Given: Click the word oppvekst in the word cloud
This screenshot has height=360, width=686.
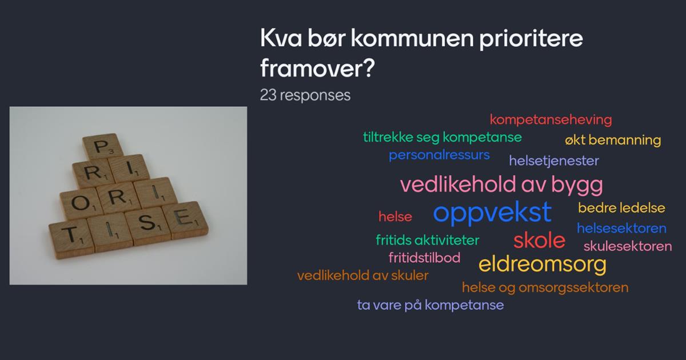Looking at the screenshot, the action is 492,213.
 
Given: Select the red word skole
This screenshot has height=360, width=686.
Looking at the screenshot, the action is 539,241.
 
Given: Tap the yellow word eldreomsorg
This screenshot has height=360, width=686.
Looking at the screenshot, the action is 543,265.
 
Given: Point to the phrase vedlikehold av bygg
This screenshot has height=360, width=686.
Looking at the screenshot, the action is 501,185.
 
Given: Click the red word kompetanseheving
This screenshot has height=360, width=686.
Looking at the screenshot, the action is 551,119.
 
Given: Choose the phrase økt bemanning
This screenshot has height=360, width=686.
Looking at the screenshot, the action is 613,140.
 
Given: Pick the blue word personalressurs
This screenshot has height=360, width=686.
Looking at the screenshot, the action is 439,155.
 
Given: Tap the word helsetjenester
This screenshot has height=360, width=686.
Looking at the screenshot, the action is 554,161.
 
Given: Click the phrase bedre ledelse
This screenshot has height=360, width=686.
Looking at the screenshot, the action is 621,208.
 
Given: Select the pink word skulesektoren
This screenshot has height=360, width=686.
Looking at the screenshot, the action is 628,246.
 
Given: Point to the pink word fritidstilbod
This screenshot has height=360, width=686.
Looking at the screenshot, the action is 424,258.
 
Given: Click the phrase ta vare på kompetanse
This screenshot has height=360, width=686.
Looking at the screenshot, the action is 430,305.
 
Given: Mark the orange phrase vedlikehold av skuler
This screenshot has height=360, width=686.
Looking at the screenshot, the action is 362,275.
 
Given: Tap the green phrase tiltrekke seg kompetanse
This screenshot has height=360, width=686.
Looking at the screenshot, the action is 442,138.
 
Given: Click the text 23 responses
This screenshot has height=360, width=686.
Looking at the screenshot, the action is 305,95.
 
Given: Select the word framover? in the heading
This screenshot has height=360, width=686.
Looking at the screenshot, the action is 317,68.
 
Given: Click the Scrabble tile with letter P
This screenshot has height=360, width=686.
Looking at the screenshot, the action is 103,146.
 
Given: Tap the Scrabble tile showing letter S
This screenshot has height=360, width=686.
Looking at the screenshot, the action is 147,225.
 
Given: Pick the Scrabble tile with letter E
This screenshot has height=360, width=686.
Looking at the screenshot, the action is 185,219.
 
